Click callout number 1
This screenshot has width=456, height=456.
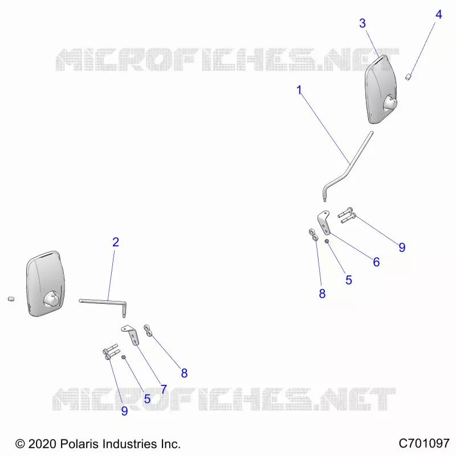point(299,90)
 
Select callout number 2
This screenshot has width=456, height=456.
point(116,242)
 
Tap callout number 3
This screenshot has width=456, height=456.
point(363,23)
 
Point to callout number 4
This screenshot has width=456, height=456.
point(439,14)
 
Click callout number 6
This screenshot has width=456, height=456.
point(376,262)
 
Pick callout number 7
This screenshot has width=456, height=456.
point(164,389)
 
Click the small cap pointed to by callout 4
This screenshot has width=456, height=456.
point(409,77)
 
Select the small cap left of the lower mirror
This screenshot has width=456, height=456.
point(11,299)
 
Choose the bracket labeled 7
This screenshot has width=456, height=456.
point(132,335)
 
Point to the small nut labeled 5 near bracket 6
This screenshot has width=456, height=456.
point(327,241)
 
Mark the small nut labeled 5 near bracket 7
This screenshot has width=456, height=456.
point(123,357)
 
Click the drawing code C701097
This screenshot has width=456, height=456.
point(424,443)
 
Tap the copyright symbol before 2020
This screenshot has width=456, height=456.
point(20,444)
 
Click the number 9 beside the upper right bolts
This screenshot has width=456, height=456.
point(402,247)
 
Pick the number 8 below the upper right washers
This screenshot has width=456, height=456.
point(322,294)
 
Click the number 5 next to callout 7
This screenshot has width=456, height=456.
point(148,399)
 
